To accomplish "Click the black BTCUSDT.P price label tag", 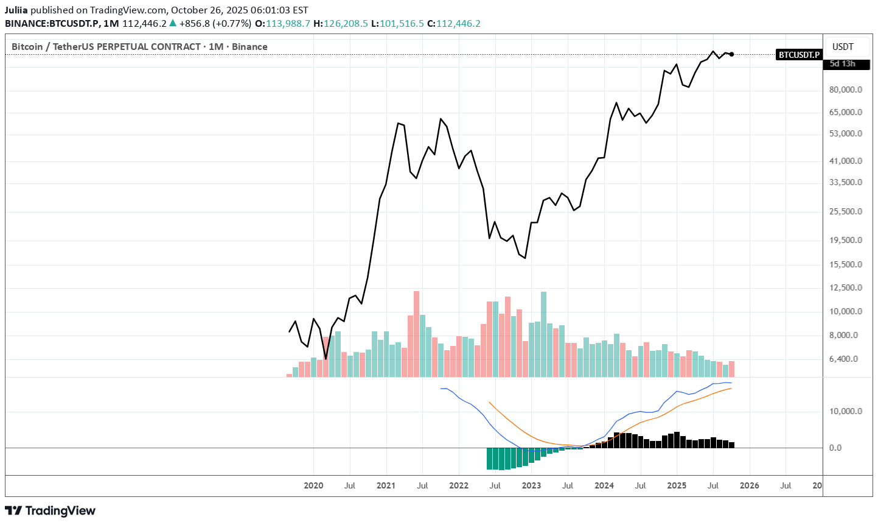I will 799,55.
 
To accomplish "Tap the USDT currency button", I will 843,47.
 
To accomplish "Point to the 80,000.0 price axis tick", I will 846,90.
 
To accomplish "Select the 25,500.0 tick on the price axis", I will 846,211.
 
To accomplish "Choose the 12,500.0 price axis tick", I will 846,287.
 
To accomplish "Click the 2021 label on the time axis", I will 386,485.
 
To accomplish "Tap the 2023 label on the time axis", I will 531,485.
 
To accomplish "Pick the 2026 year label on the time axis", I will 749,485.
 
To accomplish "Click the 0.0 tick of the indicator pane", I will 835,448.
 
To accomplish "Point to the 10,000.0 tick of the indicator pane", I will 846,411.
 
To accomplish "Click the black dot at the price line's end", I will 731,54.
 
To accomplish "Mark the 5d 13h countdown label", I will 843,64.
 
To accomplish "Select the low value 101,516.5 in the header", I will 402,24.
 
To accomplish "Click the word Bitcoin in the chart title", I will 27,47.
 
